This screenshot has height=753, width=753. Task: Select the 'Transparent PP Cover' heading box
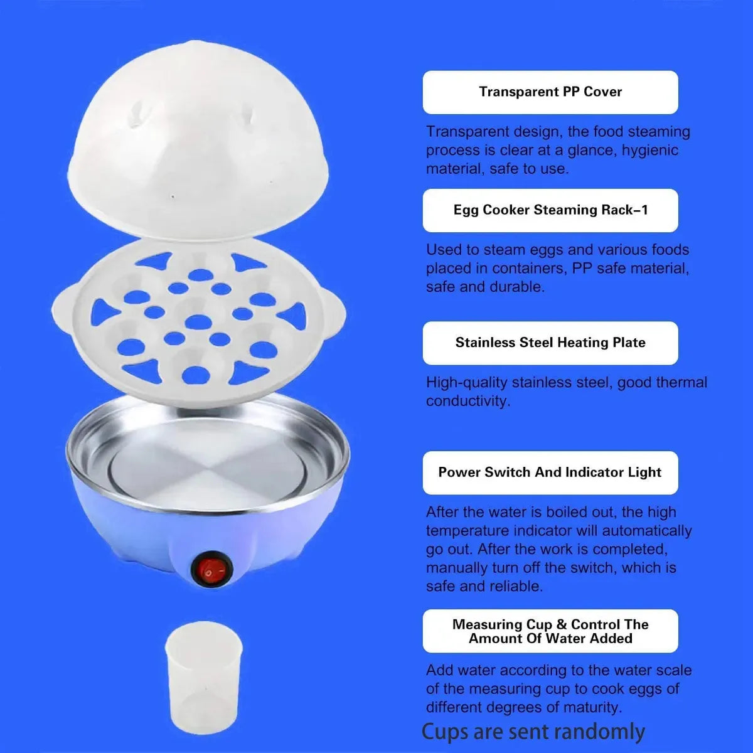tap(550, 92)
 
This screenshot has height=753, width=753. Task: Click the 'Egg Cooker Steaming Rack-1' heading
tap(550, 210)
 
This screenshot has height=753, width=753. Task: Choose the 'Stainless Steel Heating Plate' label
tap(550, 343)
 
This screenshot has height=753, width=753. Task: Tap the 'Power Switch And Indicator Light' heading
tap(550, 473)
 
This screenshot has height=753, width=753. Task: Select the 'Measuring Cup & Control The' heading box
tap(550, 631)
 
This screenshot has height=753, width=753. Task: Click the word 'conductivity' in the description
tap(467, 402)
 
